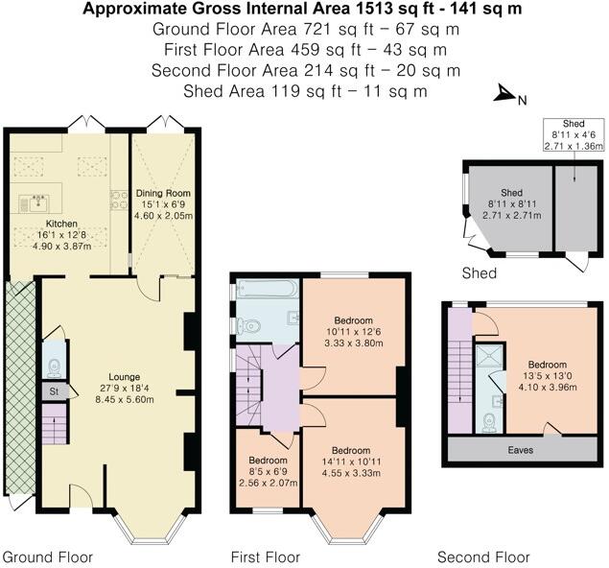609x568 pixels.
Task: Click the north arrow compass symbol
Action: tap(504, 94)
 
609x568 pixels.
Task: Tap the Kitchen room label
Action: tap(61, 224)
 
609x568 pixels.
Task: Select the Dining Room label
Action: tap(163, 193)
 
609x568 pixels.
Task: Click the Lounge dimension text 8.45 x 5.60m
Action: tap(125, 399)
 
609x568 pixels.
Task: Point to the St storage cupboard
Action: tap(55, 391)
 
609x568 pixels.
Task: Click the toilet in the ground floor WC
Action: tap(54, 367)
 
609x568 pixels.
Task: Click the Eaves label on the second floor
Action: tap(521, 450)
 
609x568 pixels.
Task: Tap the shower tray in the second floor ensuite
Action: tap(490, 356)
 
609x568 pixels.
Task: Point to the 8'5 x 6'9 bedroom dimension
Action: tap(268, 472)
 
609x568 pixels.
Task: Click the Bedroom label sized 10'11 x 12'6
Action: tap(354, 320)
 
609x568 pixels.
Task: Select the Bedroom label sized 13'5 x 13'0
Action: tap(548, 365)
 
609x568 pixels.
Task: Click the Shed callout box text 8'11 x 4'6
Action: tap(574, 135)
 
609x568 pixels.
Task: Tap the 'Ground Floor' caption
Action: tap(48, 557)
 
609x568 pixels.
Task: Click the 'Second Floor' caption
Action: tap(483, 557)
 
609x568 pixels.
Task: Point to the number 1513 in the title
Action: tap(375, 9)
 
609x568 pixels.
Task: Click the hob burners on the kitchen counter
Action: tap(119, 200)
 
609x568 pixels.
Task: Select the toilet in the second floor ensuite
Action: tap(488, 423)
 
